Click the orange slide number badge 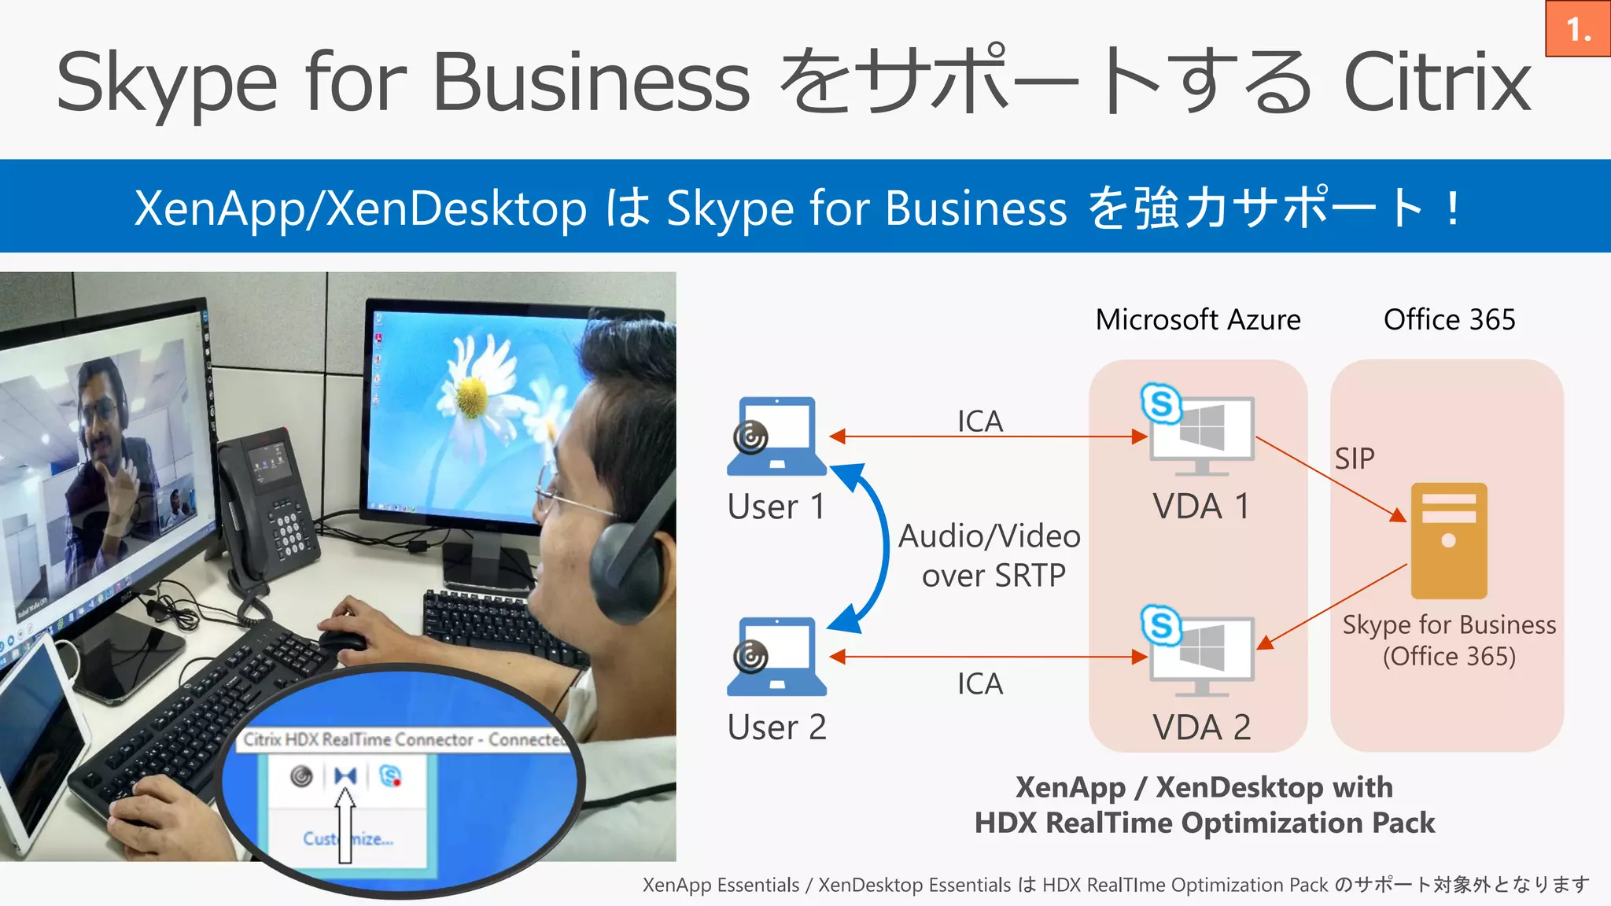point(1578,29)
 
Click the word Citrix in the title point(1437,82)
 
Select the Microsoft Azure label point(1197,319)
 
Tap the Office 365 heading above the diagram point(1449,319)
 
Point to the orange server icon point(1448,540)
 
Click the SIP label point(1354,459)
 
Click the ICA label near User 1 point(979,422)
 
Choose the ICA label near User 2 point(979,683)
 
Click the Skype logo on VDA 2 point(1161,625)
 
